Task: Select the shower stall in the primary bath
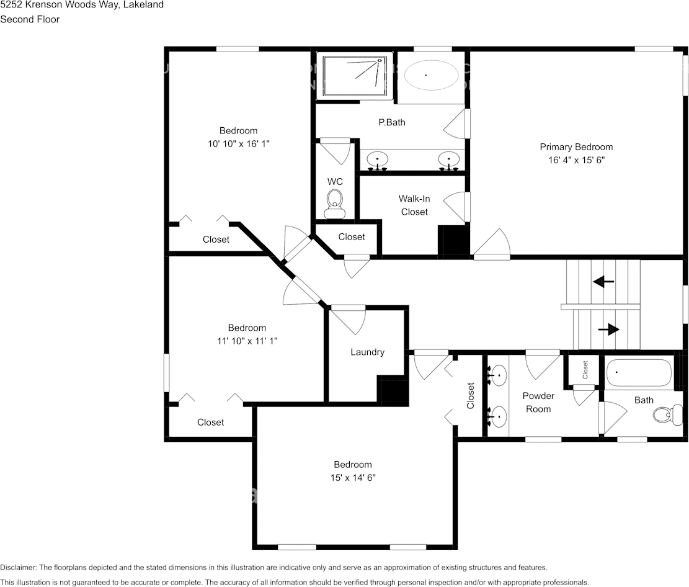point(355,76)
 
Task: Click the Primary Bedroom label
point(576,147)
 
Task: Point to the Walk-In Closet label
point(414,205)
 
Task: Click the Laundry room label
point(367,352)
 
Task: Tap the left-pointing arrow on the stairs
point(603,282)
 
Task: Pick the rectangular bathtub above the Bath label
point(639,373)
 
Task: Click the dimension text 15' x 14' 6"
point(353,478)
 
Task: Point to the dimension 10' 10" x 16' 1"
point(238,143)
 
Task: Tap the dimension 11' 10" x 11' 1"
point(247,341)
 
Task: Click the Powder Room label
point(538,402)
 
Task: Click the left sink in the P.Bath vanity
point(377,160)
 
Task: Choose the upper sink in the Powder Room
point(498,375)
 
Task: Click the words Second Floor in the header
point(30,19)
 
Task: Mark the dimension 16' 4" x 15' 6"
point(576,159)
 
